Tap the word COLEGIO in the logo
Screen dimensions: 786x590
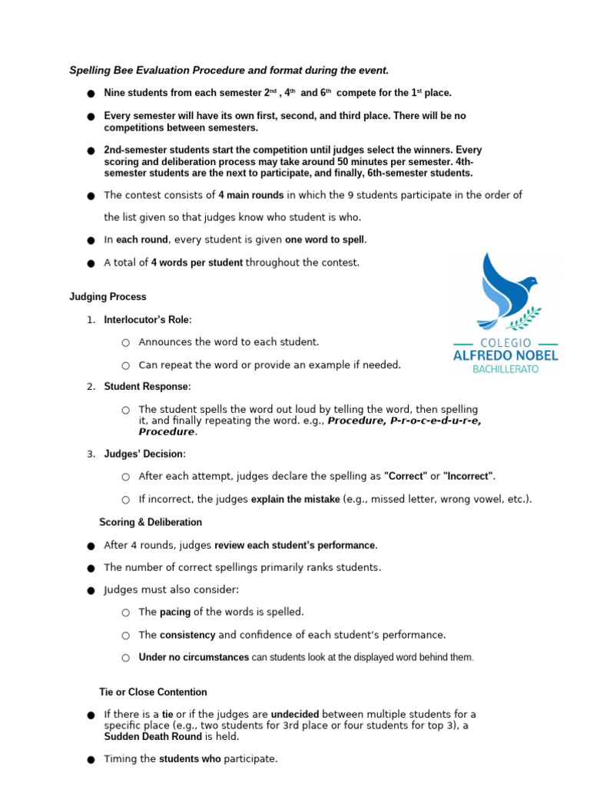click(505, 342)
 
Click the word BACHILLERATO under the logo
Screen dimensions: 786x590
click(505, 369)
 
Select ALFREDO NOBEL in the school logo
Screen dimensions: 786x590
click(505, 355)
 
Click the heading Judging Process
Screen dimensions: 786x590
click(108, 297)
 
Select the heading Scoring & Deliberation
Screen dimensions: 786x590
click(151, 523)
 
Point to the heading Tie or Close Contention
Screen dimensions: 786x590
click(153, 692)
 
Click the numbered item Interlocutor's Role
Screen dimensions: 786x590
click(147, 319)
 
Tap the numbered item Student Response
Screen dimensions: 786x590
click(146, 387)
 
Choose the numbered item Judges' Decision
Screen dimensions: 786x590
click(144, 454)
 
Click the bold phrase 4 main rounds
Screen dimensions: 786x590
click(250, 195)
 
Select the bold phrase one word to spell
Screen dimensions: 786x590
click(326, 240)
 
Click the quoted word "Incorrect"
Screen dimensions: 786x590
click(469, 477)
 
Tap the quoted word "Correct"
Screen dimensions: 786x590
click(405, 477)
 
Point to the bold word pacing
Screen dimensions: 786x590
click(174, 613)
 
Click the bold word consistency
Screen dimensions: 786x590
click(187, 636)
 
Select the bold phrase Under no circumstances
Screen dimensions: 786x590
click(194, 658)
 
